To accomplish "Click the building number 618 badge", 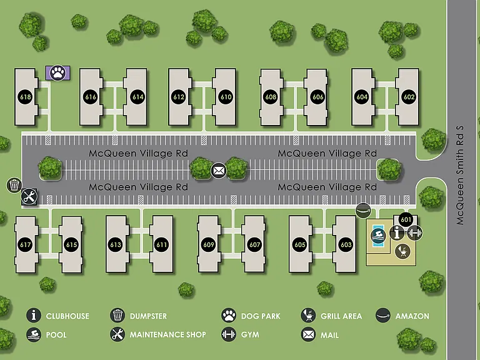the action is (x=25, y=97).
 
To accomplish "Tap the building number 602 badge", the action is (x=409, y=97).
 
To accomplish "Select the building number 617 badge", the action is (x=25, y=244).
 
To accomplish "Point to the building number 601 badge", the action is (x=406, y=219).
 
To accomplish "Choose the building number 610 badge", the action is (x=226, y=97).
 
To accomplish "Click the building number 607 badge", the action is (x=254, y=244).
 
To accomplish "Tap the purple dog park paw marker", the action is (x=58, y=73).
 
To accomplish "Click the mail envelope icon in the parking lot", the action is (x=219, y=171).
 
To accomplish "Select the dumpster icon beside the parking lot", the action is (x=14, y=185).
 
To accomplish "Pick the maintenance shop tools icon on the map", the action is (x=29, y=196).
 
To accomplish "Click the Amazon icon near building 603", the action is (x=363, y=210).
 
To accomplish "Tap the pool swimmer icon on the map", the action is (x=378, y=236).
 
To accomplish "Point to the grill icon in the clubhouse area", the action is (x=403, y=252).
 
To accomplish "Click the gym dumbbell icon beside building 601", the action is (x=415, y=233).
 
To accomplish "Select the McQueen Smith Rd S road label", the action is (x=460, y=176).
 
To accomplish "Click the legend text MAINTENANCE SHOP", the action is (x=167, y=334).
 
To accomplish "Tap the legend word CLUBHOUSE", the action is (x=67, y=316).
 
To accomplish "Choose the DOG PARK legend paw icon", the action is (x=229, y=316).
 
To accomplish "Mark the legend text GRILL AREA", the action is (x=341, y=316).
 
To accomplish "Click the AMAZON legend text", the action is (x=412, y=316).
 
